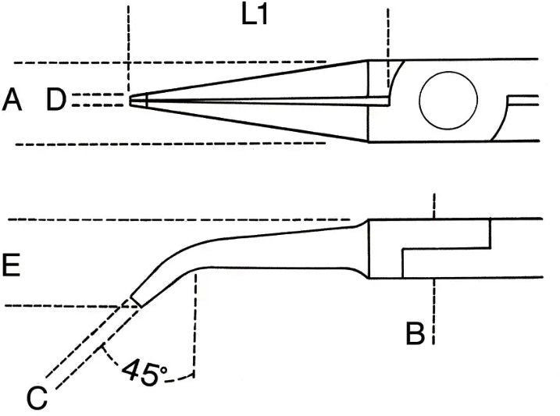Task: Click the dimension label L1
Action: click(x=255, y=16)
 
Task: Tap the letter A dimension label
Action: click(x=12, y=100)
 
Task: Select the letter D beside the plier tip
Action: click(x=56, y=100)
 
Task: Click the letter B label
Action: click(x=416, y=333)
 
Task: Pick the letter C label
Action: click(x=37, y=398)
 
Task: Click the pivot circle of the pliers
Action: click(x=448, y=100)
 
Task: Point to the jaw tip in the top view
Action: click(x=130, y=100)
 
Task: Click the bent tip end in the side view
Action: click(x=136, y=300)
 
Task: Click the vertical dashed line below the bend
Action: click(x=195, y=324)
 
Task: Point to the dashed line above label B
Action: click(x=434, y=206)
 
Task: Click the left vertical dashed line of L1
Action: click(x=128, y=49)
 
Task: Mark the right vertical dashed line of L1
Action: click(x=388, y=48)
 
